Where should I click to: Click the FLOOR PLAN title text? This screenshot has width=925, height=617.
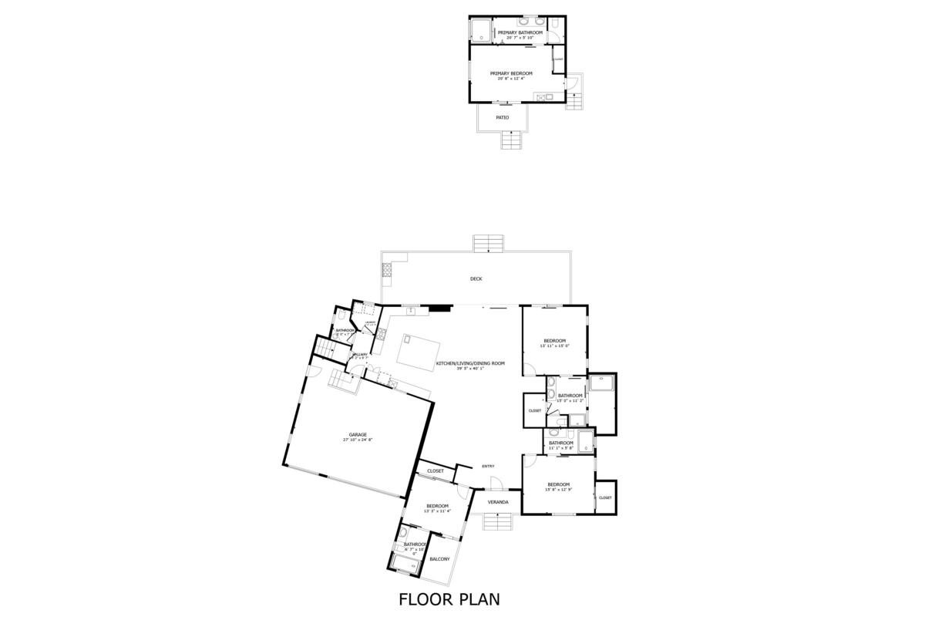[x=449, y=598]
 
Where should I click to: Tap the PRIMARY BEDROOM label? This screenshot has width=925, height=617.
[x=511, y=73]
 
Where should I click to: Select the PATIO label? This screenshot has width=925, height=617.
[x=502, y=118]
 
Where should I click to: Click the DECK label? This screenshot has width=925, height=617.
[x=476, y=279]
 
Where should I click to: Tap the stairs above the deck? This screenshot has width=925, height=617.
[x=489, y=243]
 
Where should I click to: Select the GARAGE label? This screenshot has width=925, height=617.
[x=358, y=434]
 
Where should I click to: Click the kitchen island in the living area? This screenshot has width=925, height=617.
[x=415, y=350]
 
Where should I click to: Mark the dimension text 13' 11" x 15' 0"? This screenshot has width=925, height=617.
[x=554, y=346]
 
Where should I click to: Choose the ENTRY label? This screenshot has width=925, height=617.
[x=488, y=466]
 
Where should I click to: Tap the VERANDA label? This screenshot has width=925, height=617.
[x=498, y=502]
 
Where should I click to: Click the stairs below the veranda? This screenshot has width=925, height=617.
[x=498, y=522]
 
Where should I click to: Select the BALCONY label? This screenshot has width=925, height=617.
[x=439, y=559]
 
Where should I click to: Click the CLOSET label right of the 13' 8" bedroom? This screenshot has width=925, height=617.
[x=605, y=497]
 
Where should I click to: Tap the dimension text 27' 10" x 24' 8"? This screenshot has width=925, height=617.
[x=358, y=440]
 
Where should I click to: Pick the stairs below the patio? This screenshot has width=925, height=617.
[x=510, y=140]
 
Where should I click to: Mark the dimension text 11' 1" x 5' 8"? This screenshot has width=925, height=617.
[x=560, y=448]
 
